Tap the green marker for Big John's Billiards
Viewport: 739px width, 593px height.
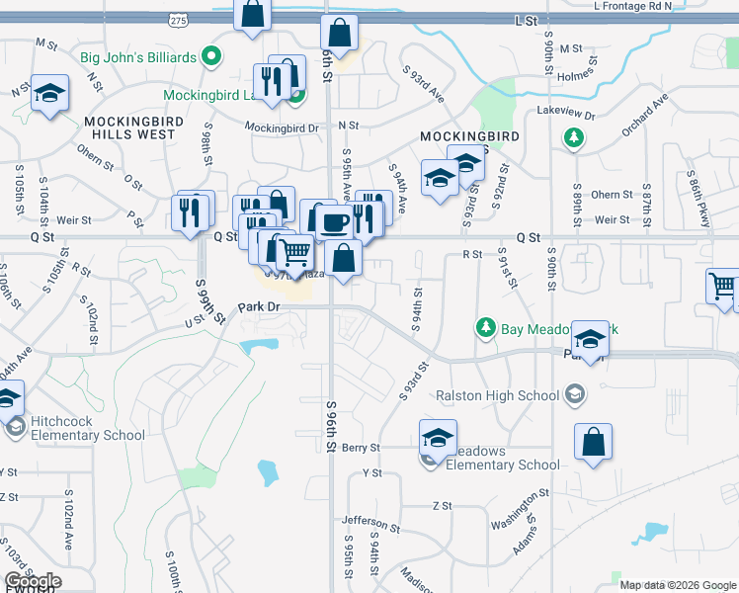point(210,56)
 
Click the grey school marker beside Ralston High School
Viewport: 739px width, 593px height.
point(574,396)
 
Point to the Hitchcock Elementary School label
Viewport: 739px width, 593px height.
point(88,428)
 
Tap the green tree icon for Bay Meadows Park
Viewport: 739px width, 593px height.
point(485,326)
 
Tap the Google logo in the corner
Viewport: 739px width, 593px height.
point(32,581)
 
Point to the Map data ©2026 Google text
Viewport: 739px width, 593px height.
point(677,585)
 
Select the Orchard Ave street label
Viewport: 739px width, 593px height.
point(645,116)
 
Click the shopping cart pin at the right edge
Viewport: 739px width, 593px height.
point(723,288)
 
